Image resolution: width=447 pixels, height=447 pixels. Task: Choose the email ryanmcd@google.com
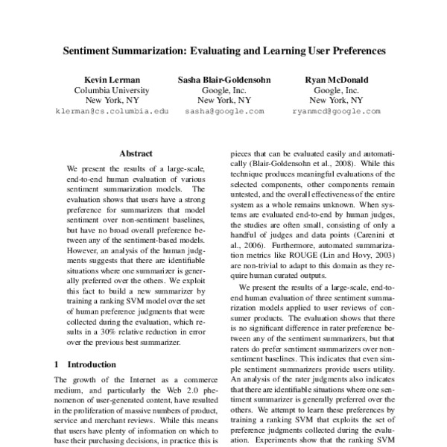[x=337, y=111]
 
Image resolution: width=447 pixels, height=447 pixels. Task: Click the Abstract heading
[x=136, y=153]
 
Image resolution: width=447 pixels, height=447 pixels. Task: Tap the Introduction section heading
[x=92, y=364]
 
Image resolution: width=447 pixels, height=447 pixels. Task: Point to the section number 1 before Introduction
[x=58, y=364]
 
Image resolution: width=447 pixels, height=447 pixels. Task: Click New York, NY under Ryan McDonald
[x=337, y=100]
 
